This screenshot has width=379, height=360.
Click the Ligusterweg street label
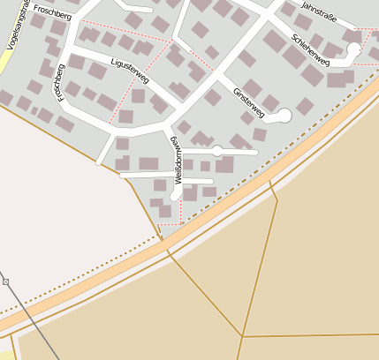(x=130, y=71)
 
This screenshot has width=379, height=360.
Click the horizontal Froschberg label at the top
(x=51, y=11)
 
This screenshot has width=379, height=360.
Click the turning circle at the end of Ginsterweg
(x=284, y=115)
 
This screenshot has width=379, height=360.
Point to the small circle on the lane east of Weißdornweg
(x=217, y=152)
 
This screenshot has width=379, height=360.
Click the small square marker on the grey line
(x=5, y=281)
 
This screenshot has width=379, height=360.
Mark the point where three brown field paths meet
(x=242, y=336)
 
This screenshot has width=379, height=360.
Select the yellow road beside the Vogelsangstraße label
(x=7, y=40)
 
